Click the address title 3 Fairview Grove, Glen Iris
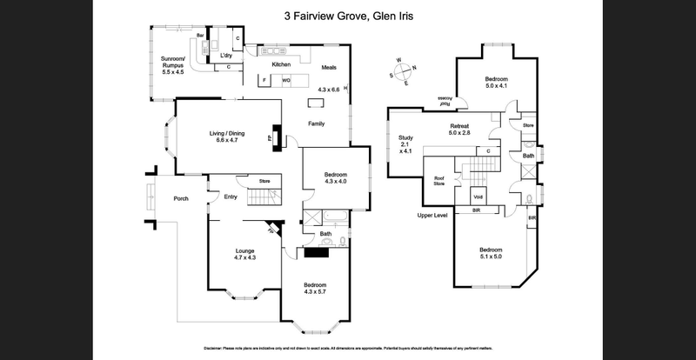(348, 15)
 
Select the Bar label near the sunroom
(199, 36)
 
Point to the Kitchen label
(281, 64)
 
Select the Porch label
(181, 198)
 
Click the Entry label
(231, 197)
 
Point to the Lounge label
(244, 251)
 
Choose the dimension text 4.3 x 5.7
(315, 293)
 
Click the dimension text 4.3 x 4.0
(335, 181)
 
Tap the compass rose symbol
(403, 72)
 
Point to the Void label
(478, 195)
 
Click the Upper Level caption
(432, 214)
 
